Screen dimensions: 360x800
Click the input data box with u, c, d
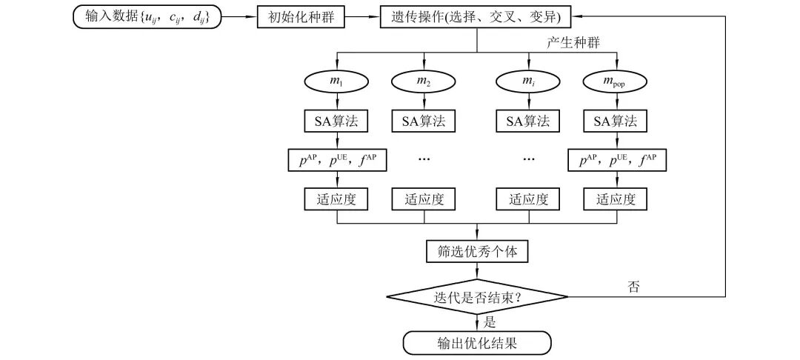[146, 17]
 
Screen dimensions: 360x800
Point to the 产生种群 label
[572, 43]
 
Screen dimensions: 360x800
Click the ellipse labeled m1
[337, 81]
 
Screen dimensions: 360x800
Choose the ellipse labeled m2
[424, 81]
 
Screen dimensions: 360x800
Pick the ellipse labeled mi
[528, 81]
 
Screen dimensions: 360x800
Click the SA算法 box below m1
[337, 121]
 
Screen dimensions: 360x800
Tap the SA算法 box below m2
[424, 121]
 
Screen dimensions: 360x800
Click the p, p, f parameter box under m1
[337, 159]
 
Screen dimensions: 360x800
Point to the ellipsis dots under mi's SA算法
[528, 159]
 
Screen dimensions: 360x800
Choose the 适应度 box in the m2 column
[424, 199]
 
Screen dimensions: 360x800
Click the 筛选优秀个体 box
[477, 251]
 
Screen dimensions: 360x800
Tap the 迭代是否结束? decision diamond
[477, 298]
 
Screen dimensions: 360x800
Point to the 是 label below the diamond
[489, 321]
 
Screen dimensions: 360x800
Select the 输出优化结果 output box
[477, 343]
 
